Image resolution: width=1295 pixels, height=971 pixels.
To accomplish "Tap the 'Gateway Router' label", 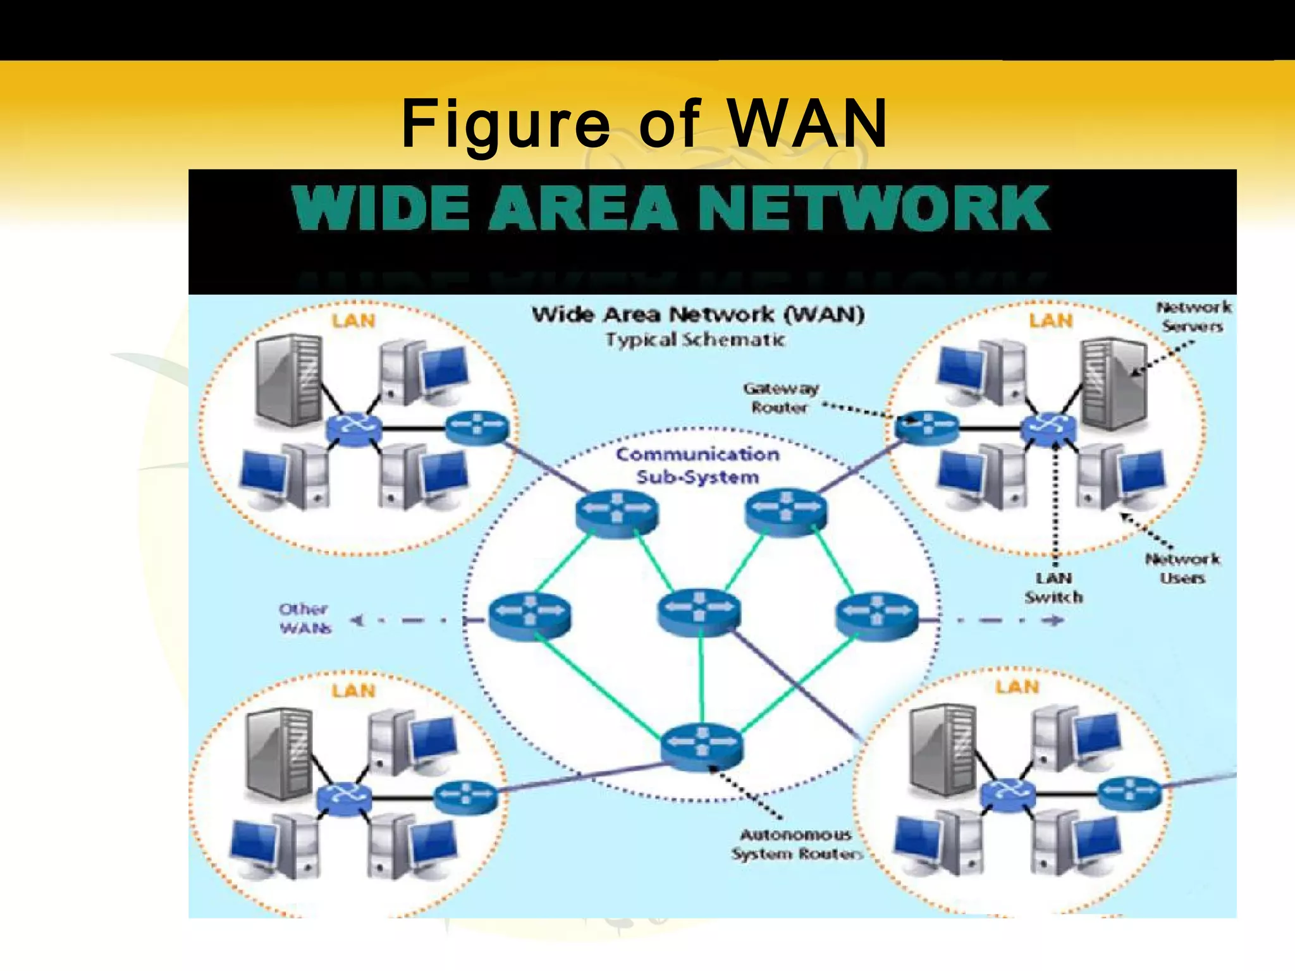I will click(x=780, y=398).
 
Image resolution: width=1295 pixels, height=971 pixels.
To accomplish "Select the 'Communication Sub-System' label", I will click(x=697, y=465).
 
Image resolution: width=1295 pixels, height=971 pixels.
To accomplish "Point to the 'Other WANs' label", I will click(x=305, y=618).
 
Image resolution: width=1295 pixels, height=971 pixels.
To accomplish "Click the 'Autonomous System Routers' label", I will click(x=797, y=844).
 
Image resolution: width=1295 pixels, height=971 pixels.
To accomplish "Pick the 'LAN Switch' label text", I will click(x=1053, y=588).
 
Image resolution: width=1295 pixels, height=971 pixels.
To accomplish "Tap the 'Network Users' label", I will click(x=1182, y=568).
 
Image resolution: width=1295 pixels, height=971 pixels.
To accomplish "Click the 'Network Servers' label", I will click(x=1193, y=317).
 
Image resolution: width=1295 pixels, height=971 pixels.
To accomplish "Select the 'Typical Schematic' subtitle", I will click(x=695, y=340).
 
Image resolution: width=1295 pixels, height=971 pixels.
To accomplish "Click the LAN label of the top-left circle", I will click(x=353, y=321).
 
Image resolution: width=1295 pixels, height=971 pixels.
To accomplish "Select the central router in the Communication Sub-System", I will click(x=698, y=610).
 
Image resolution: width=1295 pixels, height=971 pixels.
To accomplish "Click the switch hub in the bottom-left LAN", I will click(x=345, y=797).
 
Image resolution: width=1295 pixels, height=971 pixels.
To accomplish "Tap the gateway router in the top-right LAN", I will click(x=926, y=425).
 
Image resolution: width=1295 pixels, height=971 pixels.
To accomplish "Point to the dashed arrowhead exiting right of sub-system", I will click(x=1053, y=620).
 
